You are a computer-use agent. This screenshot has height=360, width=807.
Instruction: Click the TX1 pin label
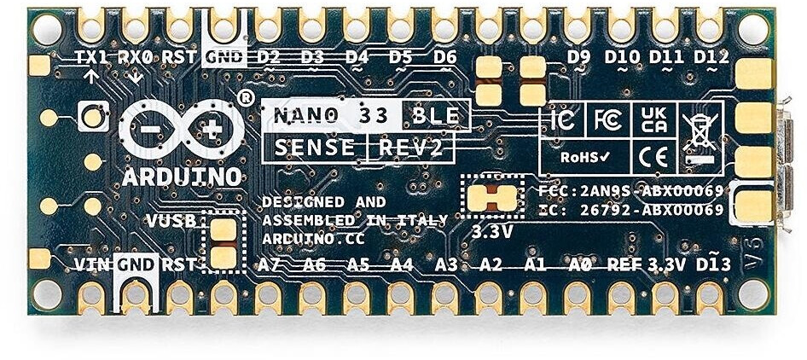(92, 57)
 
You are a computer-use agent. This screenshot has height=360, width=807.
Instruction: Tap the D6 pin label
(444, 57)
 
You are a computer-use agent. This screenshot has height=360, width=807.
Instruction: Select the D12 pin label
(711, 57)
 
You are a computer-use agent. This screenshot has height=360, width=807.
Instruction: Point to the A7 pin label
(270, 264)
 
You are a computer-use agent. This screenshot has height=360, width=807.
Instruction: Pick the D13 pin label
(712, 264)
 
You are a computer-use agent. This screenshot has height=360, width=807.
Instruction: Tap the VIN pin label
(92, 264)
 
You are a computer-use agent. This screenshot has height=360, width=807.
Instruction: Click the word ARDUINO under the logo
(182, 177)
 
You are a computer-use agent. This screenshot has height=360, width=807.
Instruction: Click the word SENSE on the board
(313, 148)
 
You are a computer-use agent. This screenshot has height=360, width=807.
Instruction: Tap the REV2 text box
(411, 148)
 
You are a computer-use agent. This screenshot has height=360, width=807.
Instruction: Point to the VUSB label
(172, 221)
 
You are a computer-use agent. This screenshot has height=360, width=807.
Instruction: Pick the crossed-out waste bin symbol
(700, 135)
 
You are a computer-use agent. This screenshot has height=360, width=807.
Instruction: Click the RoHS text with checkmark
(584, 157)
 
